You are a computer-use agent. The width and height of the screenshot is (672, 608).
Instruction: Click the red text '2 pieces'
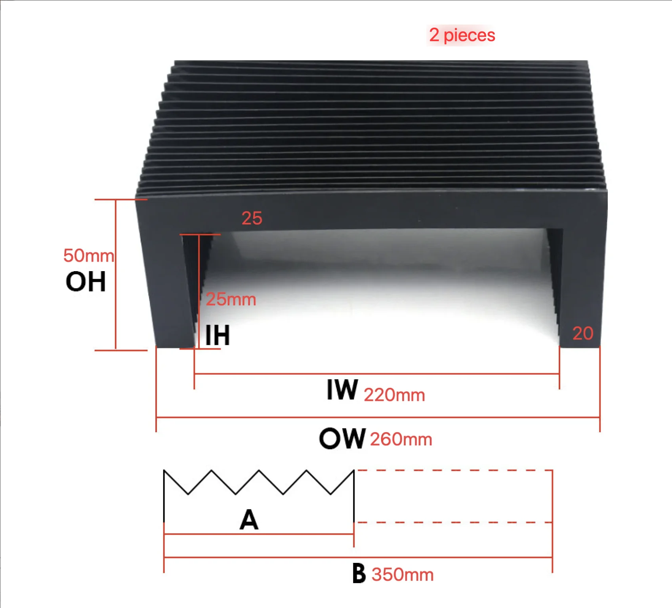(462, 35)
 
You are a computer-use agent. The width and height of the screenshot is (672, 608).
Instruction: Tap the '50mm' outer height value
(88, 255)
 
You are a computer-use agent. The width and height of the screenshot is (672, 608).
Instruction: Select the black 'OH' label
(86, 282)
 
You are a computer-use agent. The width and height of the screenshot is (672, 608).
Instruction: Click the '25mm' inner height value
(231, 299)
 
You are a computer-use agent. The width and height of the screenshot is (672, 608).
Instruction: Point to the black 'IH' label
(218, 335)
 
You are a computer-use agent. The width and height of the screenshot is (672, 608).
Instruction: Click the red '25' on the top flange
(252, 218)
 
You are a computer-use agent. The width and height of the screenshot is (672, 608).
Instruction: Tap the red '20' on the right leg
(582, 333)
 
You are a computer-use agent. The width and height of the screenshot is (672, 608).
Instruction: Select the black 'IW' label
(342, 390)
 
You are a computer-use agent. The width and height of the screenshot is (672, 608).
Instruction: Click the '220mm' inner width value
(394, 395)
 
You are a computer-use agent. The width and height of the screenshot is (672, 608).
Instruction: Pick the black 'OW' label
(342, 439)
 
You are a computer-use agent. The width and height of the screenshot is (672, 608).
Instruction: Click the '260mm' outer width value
(401, 439)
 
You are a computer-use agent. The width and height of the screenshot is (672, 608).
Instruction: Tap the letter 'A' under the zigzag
(249, 520)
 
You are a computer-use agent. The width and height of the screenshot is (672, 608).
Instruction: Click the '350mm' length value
(403, 575)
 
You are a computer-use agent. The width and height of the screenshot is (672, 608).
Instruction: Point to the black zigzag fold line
(259, 482)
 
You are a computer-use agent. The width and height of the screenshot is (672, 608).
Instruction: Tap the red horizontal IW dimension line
(376, 374)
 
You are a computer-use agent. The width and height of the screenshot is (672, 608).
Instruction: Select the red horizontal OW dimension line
(378, 417)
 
